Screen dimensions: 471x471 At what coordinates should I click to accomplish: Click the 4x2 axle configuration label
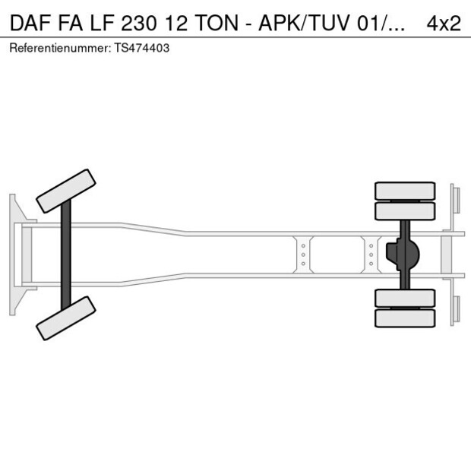[x=444, y=23]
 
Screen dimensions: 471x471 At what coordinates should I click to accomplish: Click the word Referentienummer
[x=57, y=48]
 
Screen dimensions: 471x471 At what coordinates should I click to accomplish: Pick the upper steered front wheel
[x=66, y=190]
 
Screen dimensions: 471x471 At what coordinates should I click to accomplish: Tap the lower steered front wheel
[x=66, y=318]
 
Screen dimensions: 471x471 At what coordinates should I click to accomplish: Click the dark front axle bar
[x=67, y=254]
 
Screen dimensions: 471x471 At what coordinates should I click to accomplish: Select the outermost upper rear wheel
[x=405, y=190]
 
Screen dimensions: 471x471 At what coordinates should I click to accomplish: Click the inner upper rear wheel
[x=405, y=210]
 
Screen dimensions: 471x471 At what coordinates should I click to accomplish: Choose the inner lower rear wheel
[x=405, y=298]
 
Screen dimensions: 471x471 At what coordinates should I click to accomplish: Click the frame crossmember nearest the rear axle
[x=371, y=254]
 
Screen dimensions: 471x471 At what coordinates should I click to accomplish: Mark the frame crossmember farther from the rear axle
[x=302, y=254]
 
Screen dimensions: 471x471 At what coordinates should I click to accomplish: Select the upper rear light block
[x=455, y=199]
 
